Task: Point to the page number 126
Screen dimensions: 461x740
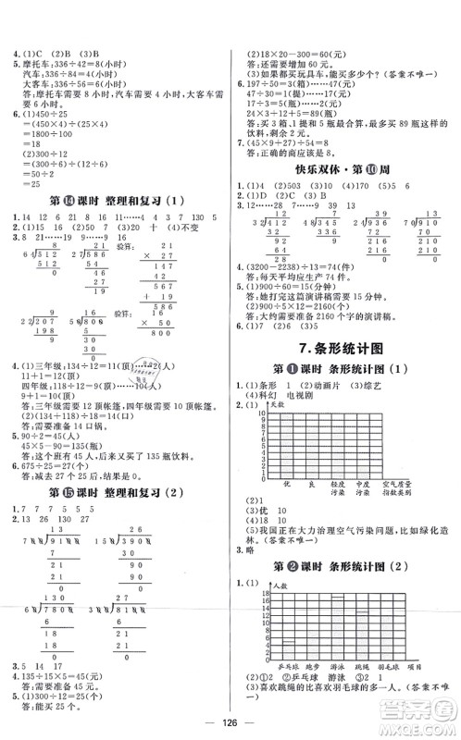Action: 230,724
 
